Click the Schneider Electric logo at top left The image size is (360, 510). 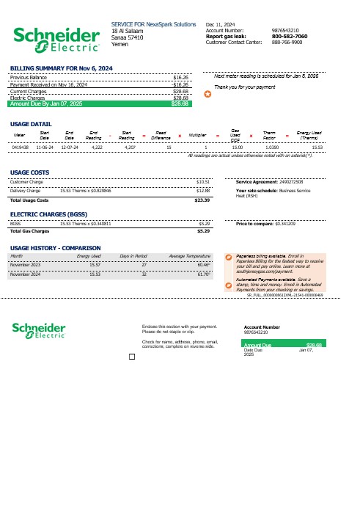[56, 40]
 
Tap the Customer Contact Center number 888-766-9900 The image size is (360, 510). [286, 42]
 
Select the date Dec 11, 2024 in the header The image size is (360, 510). [221, 24]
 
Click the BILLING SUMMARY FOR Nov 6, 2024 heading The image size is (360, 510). [61, 68]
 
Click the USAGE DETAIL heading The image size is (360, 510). [31, 124]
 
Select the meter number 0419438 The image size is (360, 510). [21, 147]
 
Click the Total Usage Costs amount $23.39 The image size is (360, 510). [202, 200]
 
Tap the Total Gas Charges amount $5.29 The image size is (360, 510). [204, 231]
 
